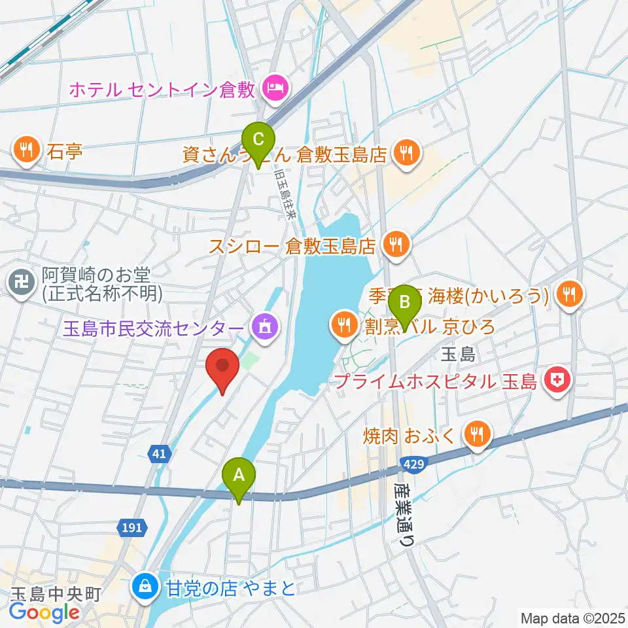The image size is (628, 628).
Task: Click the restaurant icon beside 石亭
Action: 26,152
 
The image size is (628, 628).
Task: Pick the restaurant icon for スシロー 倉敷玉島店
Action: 394,245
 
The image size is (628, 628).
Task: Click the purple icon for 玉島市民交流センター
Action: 265,325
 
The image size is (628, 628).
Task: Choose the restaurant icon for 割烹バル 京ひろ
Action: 342,323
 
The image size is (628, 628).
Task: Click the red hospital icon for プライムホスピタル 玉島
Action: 557,381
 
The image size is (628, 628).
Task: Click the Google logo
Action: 44,613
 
